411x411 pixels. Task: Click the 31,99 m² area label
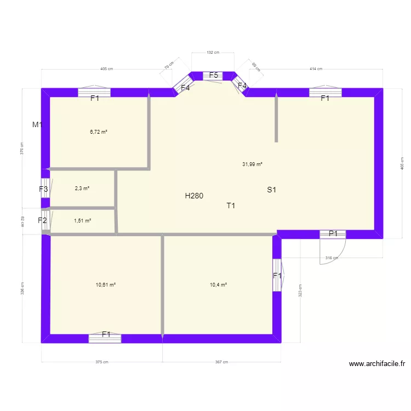click(x=252, y=164)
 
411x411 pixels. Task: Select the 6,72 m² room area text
click(x=99, y=132)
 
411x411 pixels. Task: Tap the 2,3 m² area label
click(x=82, y=188)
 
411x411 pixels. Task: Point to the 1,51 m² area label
click(x=82, y=221)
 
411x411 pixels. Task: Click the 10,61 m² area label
click(x=106, y=284)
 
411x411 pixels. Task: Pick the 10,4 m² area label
click(x=218, y=284)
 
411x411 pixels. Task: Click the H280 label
click(x=194, y=196)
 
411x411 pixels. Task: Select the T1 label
click(x=231, y=206)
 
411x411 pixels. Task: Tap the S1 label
click(x=272, y=190)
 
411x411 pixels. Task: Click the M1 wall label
click(x=37, y=125)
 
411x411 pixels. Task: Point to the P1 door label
click(x=333, y=234)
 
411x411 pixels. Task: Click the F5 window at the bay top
click(x=214, y=76)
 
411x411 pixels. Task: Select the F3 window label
click(x=43, y=190)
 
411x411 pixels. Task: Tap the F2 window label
click(x=42, y=221)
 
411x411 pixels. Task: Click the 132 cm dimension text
click(x=213, y=53)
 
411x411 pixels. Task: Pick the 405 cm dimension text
click(x=106, y=69)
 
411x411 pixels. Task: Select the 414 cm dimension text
click(x=316, y=69)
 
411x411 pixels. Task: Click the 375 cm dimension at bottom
click(x=101, y=362)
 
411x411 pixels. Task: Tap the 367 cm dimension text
click(x=221, y=362)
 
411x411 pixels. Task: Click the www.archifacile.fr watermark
click(x=376, y=363)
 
